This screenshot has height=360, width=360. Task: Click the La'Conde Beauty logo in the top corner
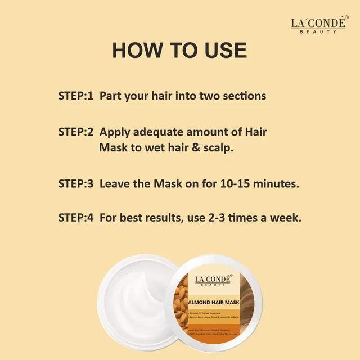click(318, 25)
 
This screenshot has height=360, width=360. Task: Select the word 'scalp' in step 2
click(217, 148)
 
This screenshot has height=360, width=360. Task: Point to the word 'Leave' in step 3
click(115, 183)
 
